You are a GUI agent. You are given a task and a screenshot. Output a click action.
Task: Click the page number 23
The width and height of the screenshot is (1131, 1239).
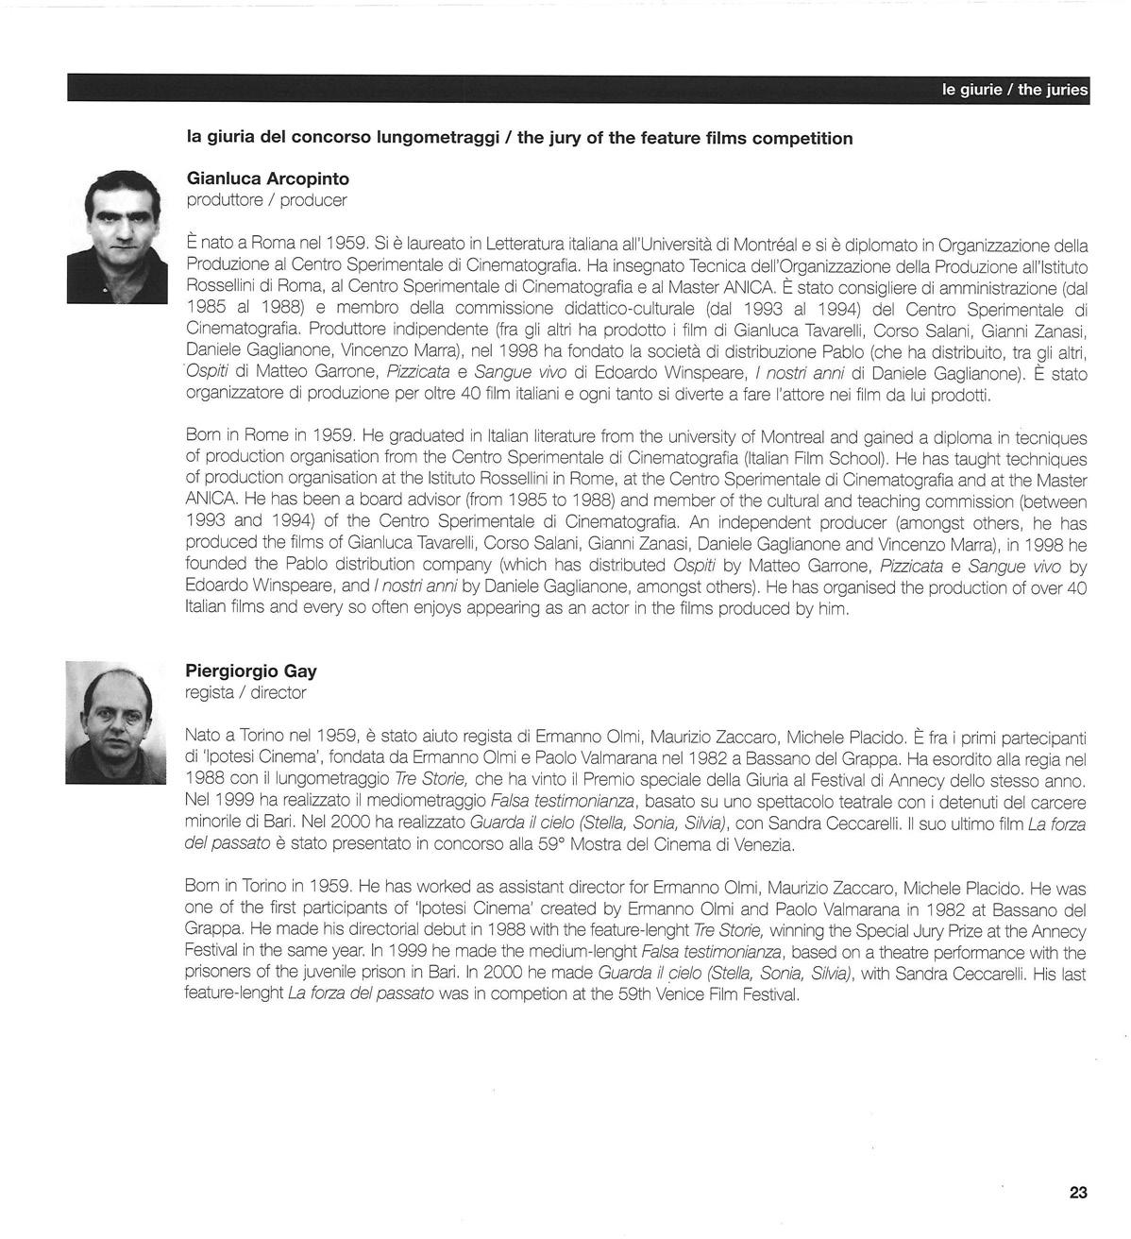[x=1078, y=1192]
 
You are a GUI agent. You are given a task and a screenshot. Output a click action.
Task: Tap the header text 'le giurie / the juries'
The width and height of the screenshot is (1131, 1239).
[x=1014, y=90]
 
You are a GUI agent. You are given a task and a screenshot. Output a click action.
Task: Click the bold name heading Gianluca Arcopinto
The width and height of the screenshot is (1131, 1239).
[x=268, y=178]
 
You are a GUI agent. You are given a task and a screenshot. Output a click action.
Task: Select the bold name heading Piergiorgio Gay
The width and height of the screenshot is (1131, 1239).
[x=251, y=671]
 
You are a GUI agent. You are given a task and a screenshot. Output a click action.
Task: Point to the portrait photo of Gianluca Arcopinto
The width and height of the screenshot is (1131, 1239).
[x=117, y=236]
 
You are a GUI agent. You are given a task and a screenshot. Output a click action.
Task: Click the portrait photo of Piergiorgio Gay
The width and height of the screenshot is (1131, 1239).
[x=115, y=722]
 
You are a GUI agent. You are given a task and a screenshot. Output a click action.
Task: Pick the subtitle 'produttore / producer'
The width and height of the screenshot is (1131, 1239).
[x=266, y=200]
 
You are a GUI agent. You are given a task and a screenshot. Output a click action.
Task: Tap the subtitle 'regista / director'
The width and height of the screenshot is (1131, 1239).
[x=245, y=693]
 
